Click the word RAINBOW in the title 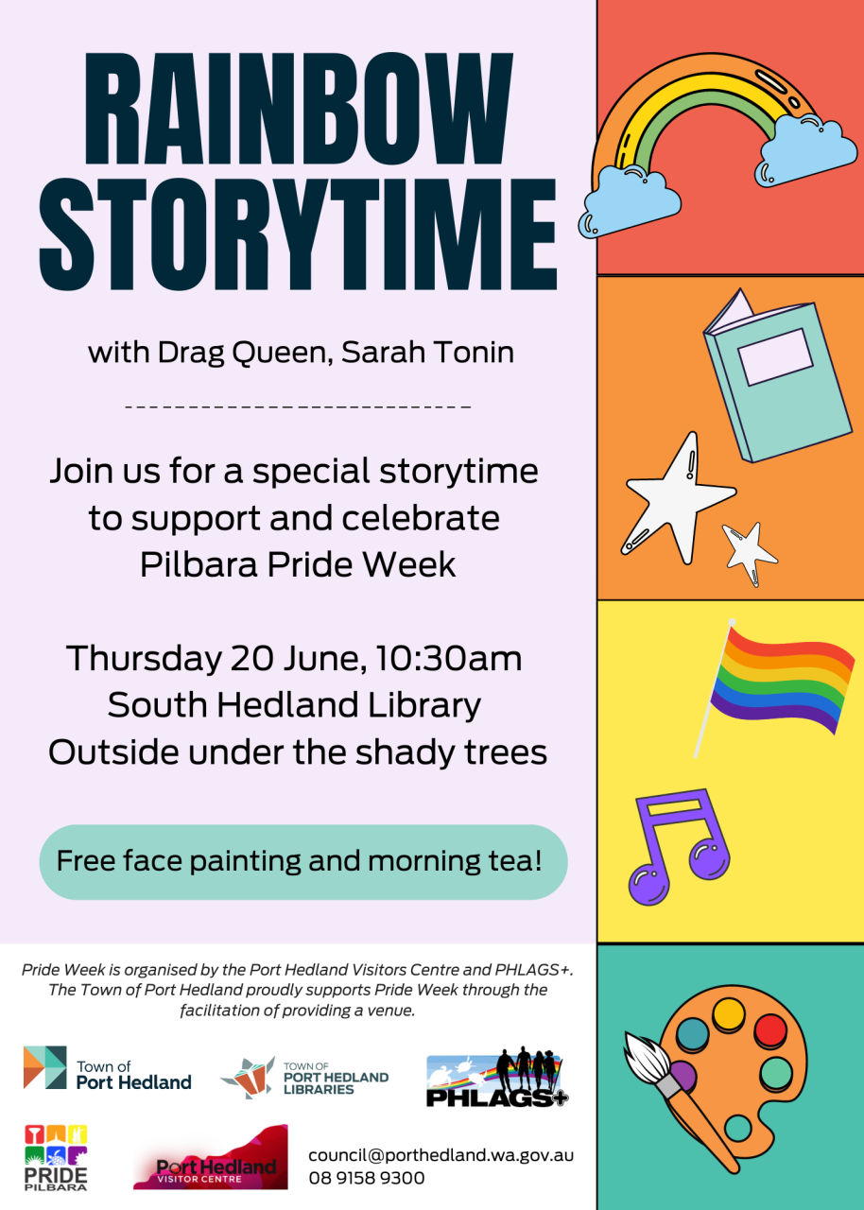298,109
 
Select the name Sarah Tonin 427,353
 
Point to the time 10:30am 449,659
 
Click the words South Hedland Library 294,705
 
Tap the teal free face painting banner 303,861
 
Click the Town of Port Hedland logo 108,1076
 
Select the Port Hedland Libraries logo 304,1077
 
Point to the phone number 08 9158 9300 367,1178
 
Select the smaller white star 750,552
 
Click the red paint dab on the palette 770,1029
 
